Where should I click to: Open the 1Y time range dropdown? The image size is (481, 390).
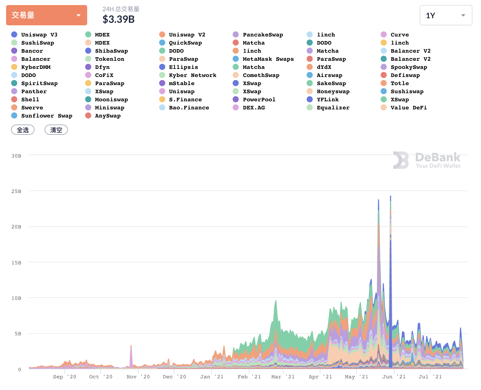click(x=446, y=15)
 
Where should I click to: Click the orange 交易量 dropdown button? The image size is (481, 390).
click(x=47, y=15)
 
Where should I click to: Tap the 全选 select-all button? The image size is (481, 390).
click(x=23, y=130)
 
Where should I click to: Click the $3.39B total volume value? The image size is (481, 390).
click(x=119, y=19)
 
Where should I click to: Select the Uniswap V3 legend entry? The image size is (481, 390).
click(x=39, y=35)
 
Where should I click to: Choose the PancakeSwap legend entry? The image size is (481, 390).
click(x=263, y=35)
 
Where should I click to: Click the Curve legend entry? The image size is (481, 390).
click(x=400, y=35)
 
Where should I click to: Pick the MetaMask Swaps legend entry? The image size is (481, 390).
click(x=268, y=59)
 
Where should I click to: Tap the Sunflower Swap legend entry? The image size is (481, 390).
click(x=47, y=116)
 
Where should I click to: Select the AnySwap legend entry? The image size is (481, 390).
click(x=108, y=116)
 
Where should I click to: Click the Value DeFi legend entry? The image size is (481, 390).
click(x=409, y=108)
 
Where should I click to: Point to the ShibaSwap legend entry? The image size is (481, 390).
click(x=111, y=51)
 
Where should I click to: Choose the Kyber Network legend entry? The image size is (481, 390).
click(x=193, y=75)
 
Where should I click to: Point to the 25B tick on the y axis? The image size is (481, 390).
click(x=16, y=191)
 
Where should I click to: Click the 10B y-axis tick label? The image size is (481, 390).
click(x=16, y=298)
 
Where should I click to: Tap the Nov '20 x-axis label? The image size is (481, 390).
click(x=138, y=377)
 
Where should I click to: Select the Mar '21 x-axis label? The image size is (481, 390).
click(x=283, y=377)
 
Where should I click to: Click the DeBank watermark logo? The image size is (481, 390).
click(x=427, y=160)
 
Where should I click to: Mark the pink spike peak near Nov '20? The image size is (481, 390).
click(x=131, y=346)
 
